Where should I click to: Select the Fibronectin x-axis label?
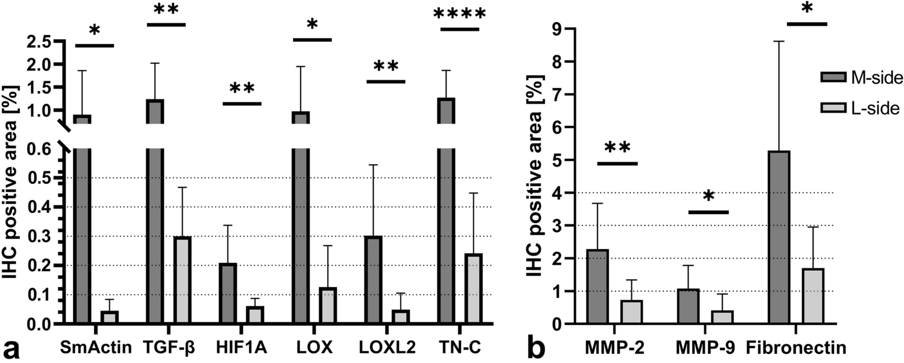pos(795,348)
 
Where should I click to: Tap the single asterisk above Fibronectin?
pos(806,9)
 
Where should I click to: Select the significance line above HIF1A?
pos(241,104)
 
